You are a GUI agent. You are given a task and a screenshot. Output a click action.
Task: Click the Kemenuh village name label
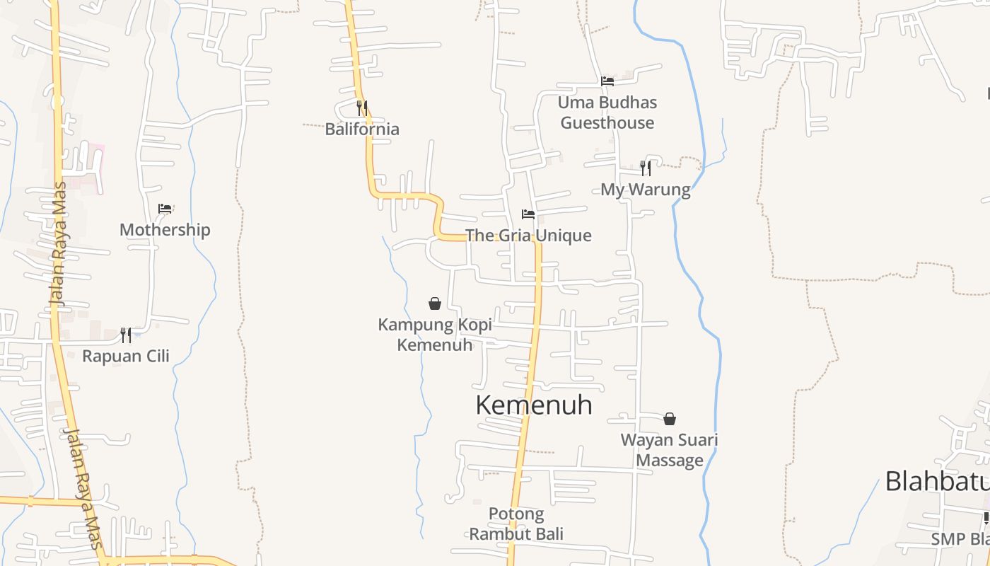pyautogui.click(x=534, y=405)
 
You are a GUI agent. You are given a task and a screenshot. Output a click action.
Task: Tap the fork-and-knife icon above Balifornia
pyautogui.click(x=361, y=108)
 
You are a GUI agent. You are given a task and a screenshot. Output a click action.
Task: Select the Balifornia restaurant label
pyautogui.click(x=362, y=129)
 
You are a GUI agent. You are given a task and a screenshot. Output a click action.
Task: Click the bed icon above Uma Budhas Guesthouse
pyautogui.click(x=607, y=81)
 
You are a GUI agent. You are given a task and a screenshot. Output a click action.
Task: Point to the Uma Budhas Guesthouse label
pyautogui.click(x=607, y=112)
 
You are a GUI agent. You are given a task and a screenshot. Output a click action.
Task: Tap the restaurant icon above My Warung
pyautogui.click(x=645, y=168)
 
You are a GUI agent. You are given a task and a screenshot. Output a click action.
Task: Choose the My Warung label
pyautogui.click(x=645, y=190)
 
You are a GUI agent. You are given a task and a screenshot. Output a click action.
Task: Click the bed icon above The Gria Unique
pyautogui.click(x=528, y=214)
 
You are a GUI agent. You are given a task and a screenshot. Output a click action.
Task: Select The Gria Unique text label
pyautogui.click(x=528, y=236)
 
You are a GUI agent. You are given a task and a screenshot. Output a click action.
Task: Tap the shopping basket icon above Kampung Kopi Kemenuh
pyautogui.click(x=435, y=304)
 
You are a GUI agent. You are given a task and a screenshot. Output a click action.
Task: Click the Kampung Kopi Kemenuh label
pyautogui.click(x=435, y=335)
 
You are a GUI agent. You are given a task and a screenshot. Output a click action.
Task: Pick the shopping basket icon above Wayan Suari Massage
pyautogui.click(x=669, y=419)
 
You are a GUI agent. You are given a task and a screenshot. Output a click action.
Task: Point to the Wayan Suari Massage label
pyautogui.click(x=669, y=450)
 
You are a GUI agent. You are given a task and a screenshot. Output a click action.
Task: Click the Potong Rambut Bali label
pyautogui.click(x=516, y=524)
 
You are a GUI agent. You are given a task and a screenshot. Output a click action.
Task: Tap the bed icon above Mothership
pyautogui.click(x=165, y=209)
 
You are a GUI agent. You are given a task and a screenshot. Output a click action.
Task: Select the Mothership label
pyautogui.click(x=165, y=230)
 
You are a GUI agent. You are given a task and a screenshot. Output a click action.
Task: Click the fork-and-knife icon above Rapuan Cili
pyautogui.click(x=125, y=335)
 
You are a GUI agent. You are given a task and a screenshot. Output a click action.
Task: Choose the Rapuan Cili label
pyautogui.click(x=126, y=356)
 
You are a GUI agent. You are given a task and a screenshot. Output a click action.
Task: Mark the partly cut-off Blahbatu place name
pyautogui.click(x=937, y=481)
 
